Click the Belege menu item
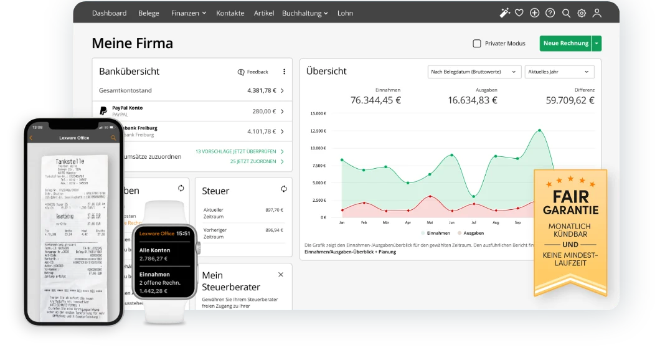click(x=148, y=13)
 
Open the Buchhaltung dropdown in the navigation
click(x=305, y=13)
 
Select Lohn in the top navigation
click(x=345, y=13)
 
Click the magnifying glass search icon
click(x=566, y=13)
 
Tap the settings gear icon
click(x=582, y=13)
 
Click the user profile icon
click(x=597, y=13)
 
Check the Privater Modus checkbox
click(x=477, y=44)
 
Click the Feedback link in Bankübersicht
click(x=253, y=72)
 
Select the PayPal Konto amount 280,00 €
click(x=263, y=111)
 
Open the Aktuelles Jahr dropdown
click(x=559, y=72)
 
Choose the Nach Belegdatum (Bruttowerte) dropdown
click(x=474, y=72)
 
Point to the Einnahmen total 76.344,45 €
click(x=375, y=100)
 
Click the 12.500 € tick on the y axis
click(x=318, y=131)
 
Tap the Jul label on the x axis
click(x=474, y=222)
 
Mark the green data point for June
click(x=452, y=155)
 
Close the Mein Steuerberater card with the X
click(x=280, y=275)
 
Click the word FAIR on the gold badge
click(x=570, y=197)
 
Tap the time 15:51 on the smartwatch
click(x=183, y=234)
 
